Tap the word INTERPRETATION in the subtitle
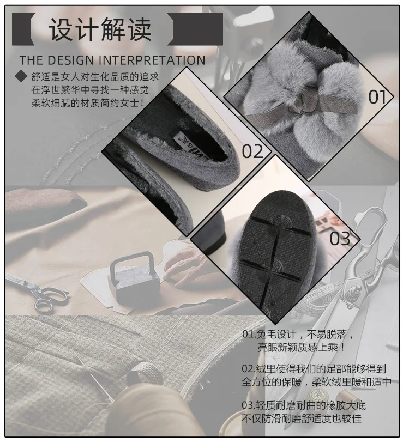[x=158, y=60]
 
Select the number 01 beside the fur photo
[x=377, y=96]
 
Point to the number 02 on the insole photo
[x=252, y=151]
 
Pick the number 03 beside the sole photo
[x=340, y=238]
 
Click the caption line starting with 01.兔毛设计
[x=302, y=333]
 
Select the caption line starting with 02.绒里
[x=316, y=368]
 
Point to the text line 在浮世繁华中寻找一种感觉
[x=89, y=89]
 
